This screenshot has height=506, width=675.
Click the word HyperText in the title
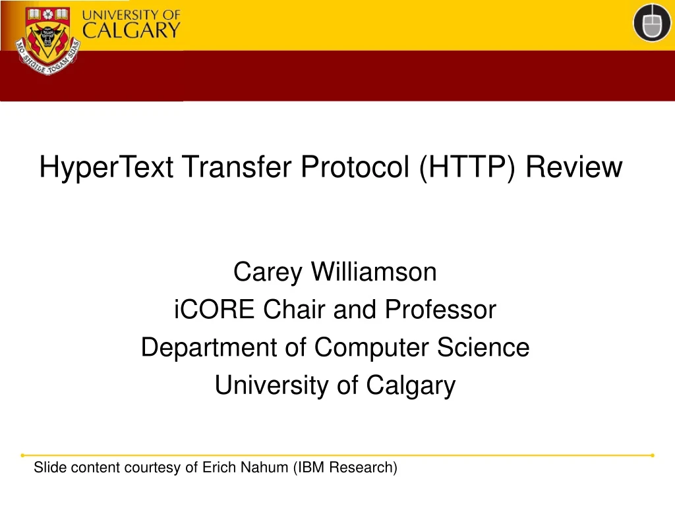pos(106,167)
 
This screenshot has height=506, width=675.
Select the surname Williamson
pos(374,271)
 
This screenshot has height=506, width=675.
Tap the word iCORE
pos(216,309)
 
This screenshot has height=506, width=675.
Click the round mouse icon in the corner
pos(652,24)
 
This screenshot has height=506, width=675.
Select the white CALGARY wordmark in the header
pos(131,30)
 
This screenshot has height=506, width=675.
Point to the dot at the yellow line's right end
pos(652,455)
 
